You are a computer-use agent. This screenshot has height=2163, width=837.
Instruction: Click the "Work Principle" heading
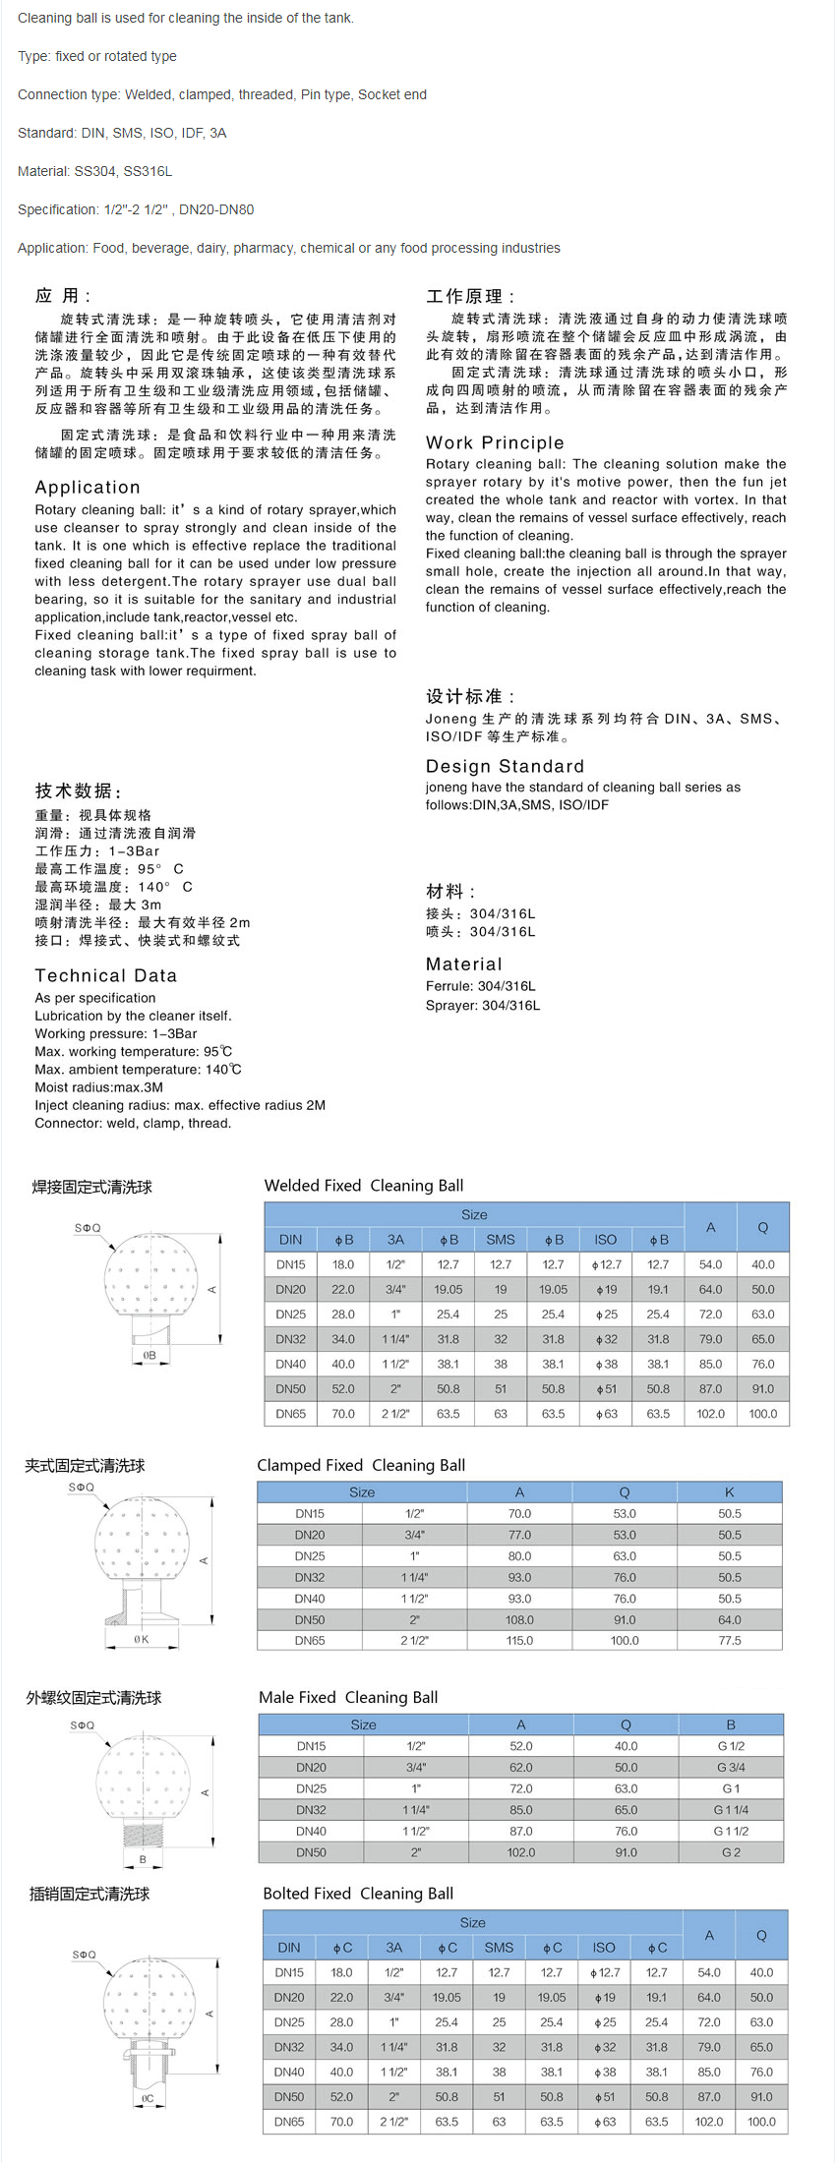[x=495, y=442]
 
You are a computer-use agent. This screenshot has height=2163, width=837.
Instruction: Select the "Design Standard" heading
[x=505, y=766]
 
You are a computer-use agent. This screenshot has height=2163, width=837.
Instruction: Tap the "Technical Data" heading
[x=105, y=975]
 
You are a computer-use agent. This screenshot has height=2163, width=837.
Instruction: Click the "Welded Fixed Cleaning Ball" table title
[x=363, y=1186]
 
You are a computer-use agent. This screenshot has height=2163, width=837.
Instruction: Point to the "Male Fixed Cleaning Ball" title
[x=348, y=1697]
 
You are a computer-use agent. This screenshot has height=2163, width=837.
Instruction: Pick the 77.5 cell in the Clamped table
[x=729, y=1641]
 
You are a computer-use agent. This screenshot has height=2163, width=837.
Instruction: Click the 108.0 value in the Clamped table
[x=519, y=1619]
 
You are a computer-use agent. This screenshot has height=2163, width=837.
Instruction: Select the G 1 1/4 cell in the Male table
[x=731, y=1810]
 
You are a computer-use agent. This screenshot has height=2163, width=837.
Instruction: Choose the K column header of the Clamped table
[x=729, y=1491]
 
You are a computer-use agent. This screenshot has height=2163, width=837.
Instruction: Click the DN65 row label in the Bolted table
[x=289, y=2122]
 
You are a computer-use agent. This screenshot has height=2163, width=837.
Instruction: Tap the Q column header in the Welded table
[x=762, y=1227]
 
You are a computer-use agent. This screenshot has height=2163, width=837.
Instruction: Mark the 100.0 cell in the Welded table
[x=762, y=1414]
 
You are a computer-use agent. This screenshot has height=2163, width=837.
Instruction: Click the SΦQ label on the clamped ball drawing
[x=82, y=1487]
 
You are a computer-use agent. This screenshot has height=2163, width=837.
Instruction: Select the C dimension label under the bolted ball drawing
[x=148, y=2098]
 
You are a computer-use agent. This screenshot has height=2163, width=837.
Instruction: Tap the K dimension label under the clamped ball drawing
[x=142, y=1639]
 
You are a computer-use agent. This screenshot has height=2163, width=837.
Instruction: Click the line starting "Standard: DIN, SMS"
[x=122, y=133]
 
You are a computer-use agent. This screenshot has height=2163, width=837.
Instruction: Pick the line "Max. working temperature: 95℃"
[x=134, y=1052]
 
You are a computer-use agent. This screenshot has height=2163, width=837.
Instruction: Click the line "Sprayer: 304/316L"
[x=483, y=1005]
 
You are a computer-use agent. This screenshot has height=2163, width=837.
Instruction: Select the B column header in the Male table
[x=731, y=1725]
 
